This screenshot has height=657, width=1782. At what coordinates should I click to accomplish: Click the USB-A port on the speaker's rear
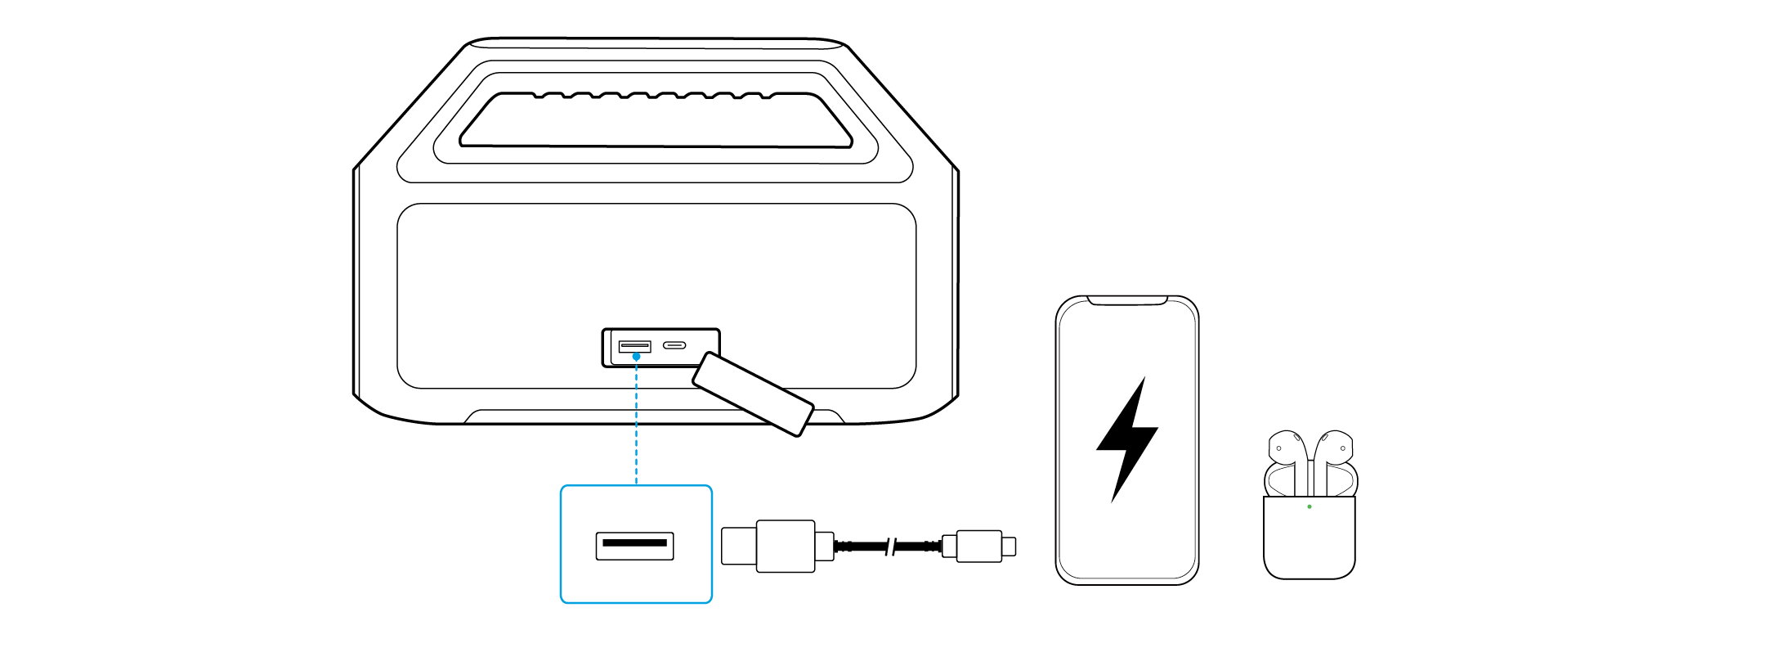[634, 346]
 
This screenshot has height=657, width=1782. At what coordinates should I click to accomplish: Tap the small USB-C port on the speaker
[674, 345]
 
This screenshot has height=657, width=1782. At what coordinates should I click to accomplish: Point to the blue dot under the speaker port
[636, 357]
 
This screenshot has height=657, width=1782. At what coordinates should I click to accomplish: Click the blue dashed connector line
[636, 425]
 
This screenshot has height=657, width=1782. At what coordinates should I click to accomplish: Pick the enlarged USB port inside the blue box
[634, 545]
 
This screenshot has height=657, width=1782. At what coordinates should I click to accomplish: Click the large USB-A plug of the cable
[785, 546]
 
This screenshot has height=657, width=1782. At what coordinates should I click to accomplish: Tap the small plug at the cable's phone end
[979, 546]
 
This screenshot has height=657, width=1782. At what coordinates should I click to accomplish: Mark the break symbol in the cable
[890, 546]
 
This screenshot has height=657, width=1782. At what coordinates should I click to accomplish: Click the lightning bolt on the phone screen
[1128, 438]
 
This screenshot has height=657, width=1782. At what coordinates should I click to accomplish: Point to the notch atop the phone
[1126, 301]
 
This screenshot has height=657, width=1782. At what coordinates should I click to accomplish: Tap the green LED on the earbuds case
[1310, 506]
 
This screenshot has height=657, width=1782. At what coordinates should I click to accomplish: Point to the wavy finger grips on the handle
[654, 96]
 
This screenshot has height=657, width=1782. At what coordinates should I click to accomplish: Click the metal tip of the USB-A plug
[738, 546]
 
